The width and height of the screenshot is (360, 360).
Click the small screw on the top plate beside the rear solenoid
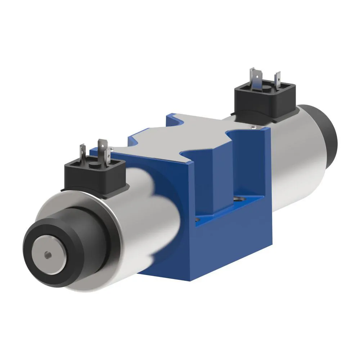point(254,127)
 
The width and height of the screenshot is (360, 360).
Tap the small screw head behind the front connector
point(112,149)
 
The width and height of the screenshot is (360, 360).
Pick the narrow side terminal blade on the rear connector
point(278,78)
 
